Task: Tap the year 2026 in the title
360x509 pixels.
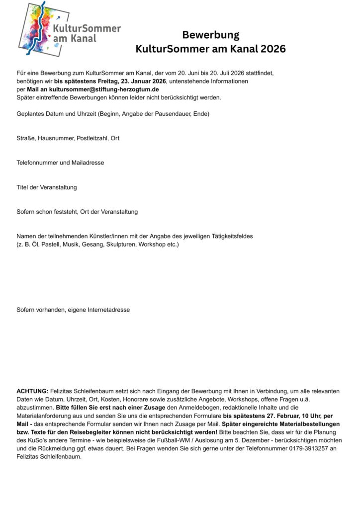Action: [271, 49]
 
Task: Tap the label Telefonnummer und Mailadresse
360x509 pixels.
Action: [60, 163]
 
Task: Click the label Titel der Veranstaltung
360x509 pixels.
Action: [47, 187]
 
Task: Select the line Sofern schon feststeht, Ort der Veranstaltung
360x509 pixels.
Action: [77, 212]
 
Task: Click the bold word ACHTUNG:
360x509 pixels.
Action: [32, 392]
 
